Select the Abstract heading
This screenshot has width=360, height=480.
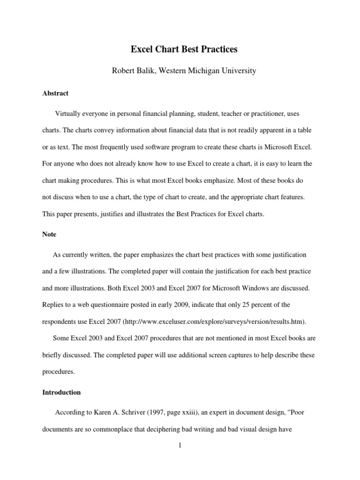(55, 93)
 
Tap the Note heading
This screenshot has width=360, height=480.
(49, 234)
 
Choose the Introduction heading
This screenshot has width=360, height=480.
(61, 392)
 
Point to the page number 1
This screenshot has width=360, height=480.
(180, 445)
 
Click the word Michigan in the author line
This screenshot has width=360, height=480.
(209, 71)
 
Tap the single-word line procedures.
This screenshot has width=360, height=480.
(58, 372)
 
